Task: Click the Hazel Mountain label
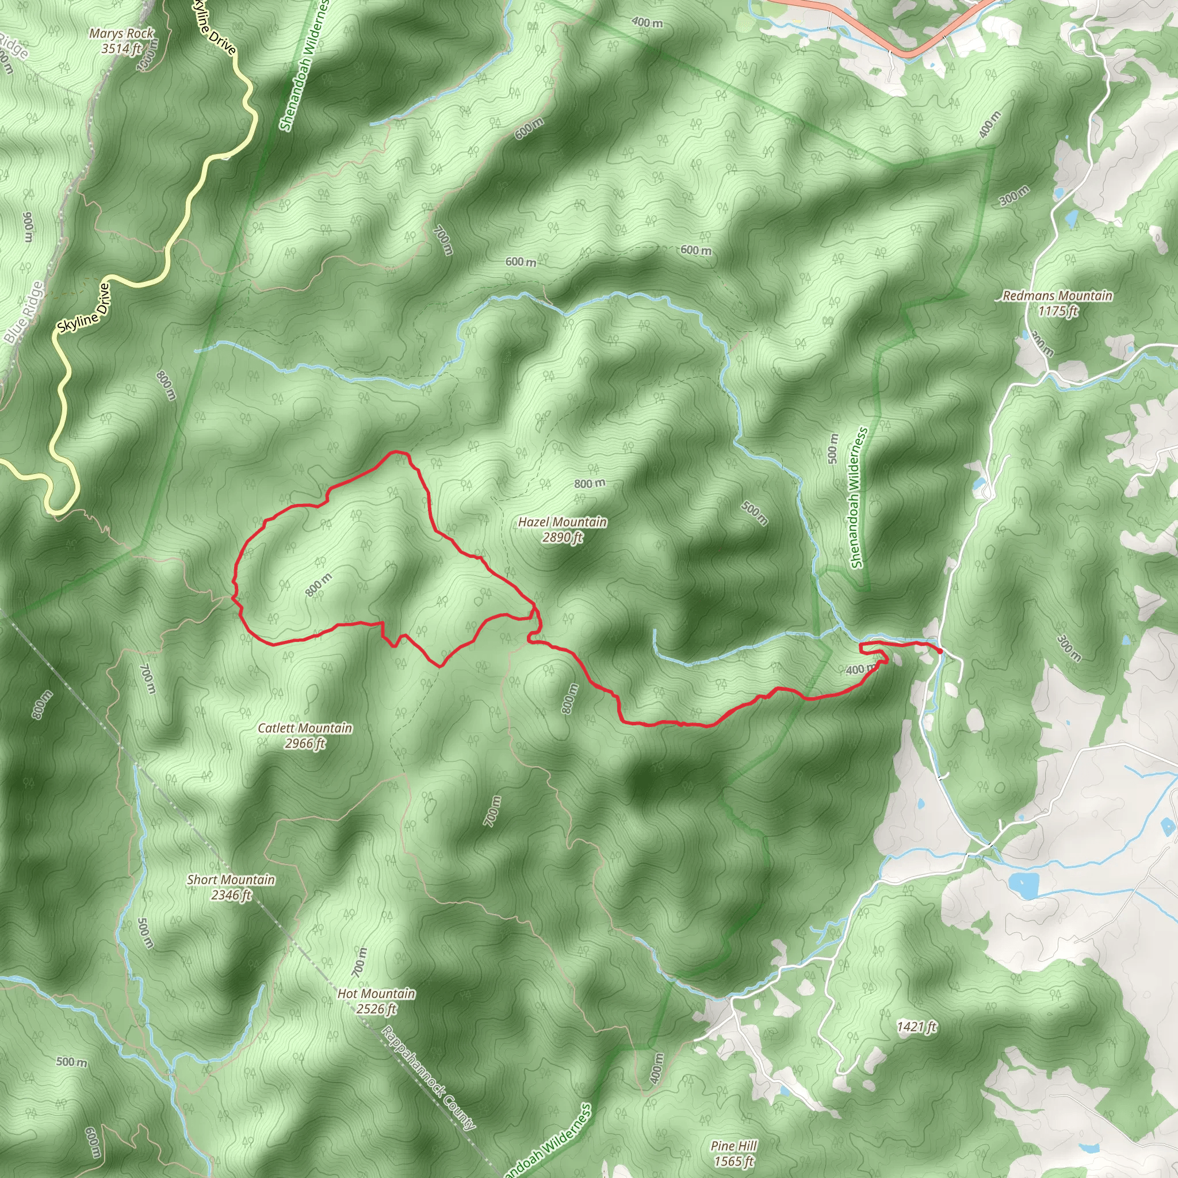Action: (562, 522)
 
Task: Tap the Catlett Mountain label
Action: (305, 728)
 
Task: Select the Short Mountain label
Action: (231, 880)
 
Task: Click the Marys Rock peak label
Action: (121, 33)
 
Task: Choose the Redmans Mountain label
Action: (1057, 296)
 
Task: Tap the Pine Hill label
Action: (733, 1146)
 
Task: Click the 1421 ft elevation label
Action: (916, 1027)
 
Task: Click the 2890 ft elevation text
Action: (562, 537)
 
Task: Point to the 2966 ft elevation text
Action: (305, 743)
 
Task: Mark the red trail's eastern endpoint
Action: (940, 652)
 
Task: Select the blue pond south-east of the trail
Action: (1023, 885)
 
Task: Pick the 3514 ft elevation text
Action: (121, 49)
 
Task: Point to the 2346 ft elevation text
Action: (231, 895)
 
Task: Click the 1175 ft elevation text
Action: (1057, 311)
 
